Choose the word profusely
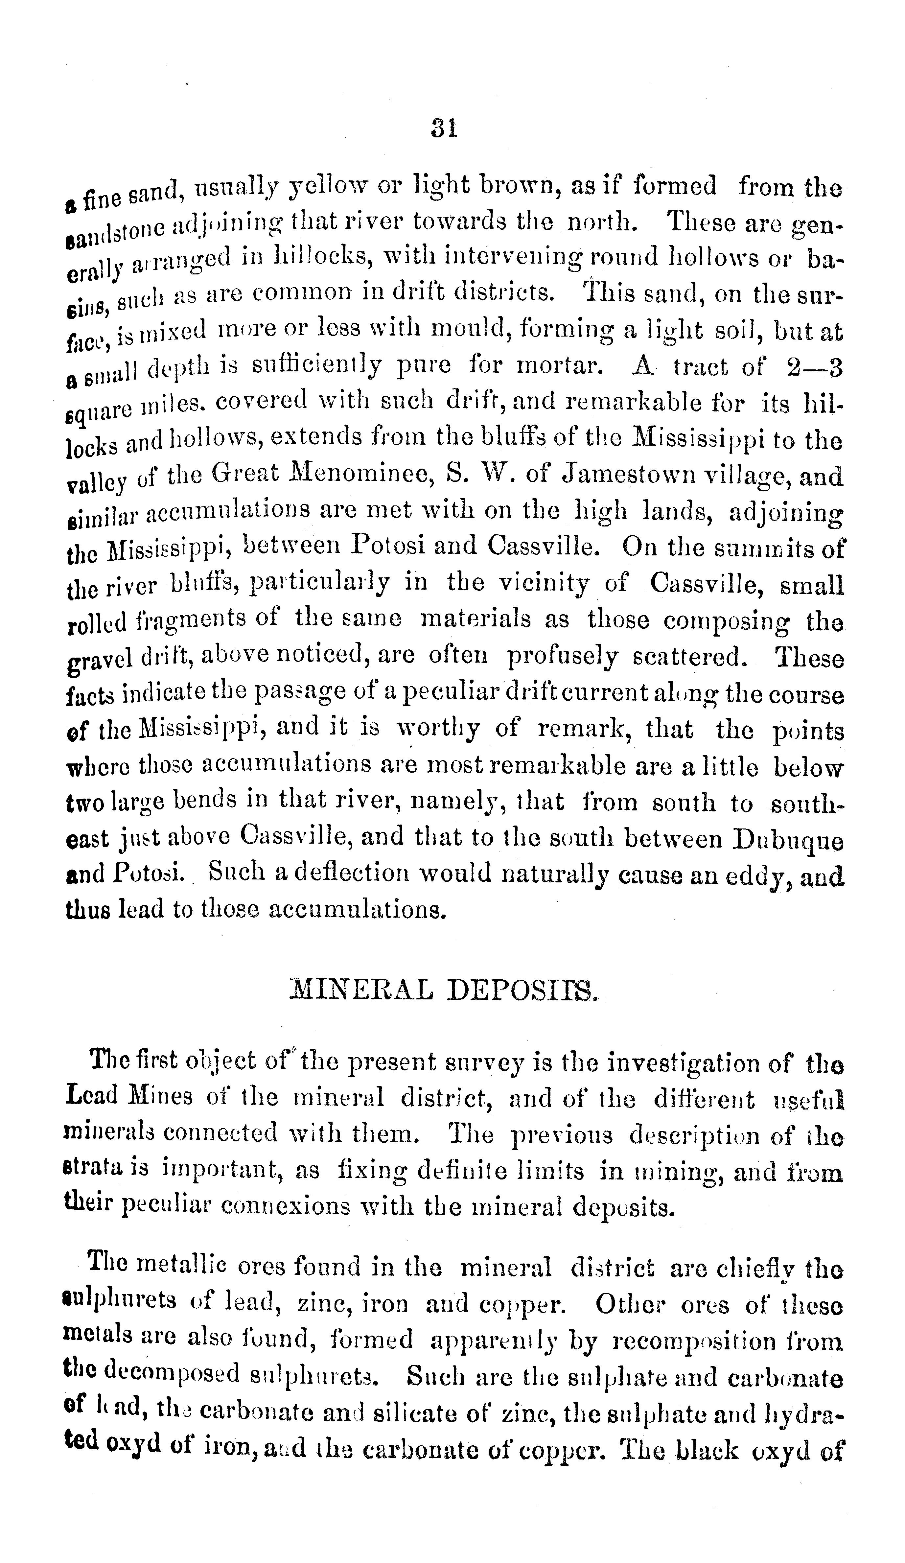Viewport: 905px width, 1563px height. tap(562, 658)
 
